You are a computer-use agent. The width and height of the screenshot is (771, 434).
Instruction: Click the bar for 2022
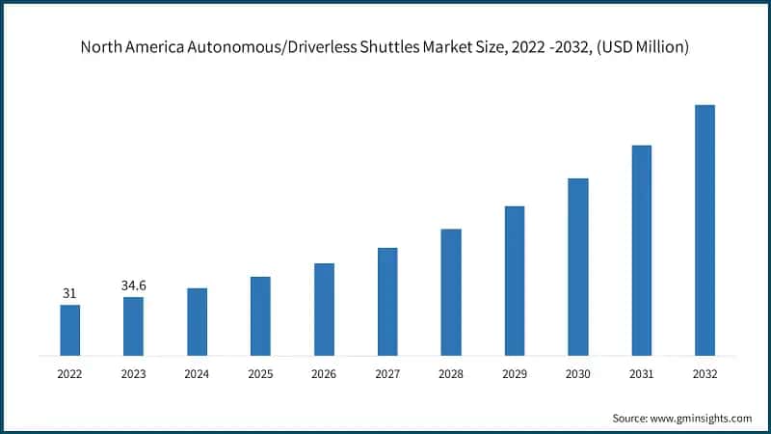point(69,330)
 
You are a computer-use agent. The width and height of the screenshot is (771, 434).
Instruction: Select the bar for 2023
point(133,326)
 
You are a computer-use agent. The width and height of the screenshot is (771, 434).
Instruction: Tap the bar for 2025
point(260,316)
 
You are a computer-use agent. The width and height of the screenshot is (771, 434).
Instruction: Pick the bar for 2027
point(387,301)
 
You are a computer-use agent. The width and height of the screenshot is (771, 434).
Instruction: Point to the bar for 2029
point(515,281)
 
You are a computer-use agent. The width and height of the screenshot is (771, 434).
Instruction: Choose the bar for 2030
point(578,266)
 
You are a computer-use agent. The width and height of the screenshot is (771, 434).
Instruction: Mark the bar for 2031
point(642,250)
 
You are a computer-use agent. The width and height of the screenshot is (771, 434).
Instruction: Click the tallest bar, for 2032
point(705,230)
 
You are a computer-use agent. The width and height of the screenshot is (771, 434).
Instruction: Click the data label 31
point(69,293)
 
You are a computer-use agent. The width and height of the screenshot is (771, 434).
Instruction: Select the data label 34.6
point(133,285)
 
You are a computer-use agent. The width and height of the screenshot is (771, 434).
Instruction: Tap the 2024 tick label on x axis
point(197,373)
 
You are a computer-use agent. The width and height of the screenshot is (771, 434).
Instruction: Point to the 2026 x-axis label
point(324,373)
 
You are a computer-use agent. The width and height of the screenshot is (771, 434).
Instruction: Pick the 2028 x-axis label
point(451,373)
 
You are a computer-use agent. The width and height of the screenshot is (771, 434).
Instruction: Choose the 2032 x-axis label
point(705,373)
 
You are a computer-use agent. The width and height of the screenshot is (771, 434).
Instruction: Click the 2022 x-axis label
point(69,373)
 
